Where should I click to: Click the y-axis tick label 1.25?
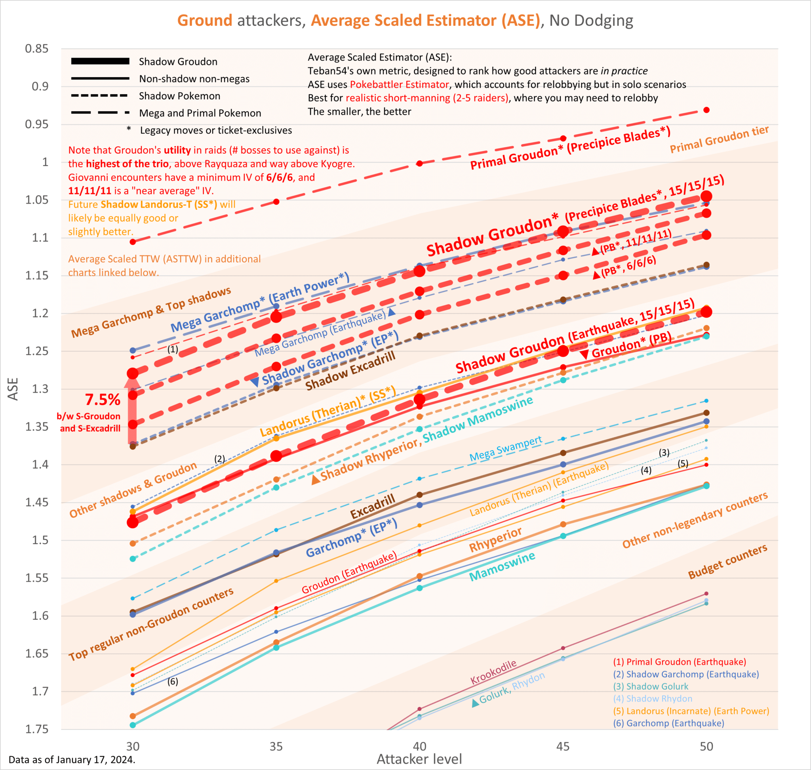pyautogui.click(x=36, y=351)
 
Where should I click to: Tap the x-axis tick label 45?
pyautogui.click(x=563, y=746)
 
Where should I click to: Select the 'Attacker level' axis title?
pyautogui.click(x=419, y=759)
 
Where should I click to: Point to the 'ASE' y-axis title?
pyautogui.click(x=13, y=389)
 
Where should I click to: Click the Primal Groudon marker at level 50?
pyautogui.click(x=706, y=110)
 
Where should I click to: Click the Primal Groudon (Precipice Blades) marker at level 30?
pyautogui.click(x=133, y=242)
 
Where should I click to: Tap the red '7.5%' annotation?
pyautogui.click(x=103, y=399)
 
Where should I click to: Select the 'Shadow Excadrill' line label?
pyautogui.click(x=350, y=371)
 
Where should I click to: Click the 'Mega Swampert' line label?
pyautogui.click(x=506, y=449)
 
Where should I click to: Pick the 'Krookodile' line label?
pyautogui.click(x=493, y=672)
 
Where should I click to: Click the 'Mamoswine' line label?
pyautogui.click(x=503, y=566)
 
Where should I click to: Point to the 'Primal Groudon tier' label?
pyautogui.click(x=720, y=139)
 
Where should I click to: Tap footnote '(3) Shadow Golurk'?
pyautogui.click(x=651, y=686)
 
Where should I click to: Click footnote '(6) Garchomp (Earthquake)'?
pyautogui.click(x=668, y=723)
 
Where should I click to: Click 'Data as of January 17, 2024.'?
pyautogui.click(x=72, y=760)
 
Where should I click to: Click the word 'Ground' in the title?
pyautogui.click(x=205, y=20)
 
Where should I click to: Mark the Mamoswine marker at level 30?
pyautogui.click(x=133, y=725)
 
